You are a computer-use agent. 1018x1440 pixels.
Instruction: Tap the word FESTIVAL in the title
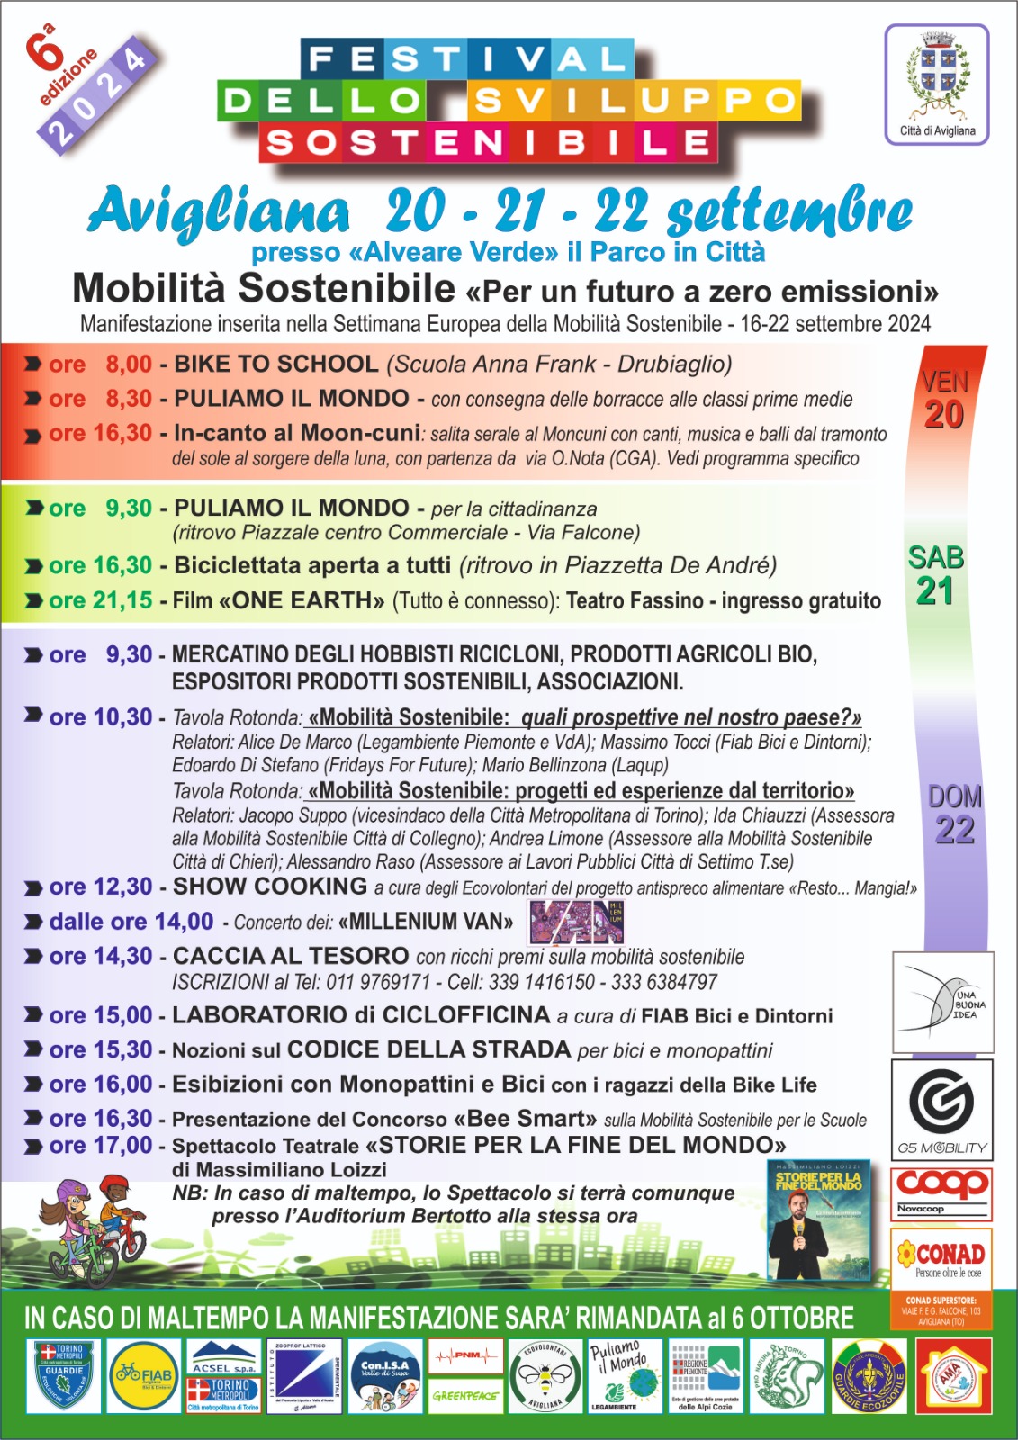466,59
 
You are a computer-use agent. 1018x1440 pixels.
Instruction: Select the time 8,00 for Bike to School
129,364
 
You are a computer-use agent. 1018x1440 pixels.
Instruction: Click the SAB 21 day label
936,575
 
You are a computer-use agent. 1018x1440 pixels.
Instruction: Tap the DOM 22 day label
954,814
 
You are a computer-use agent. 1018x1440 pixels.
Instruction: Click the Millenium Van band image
576,922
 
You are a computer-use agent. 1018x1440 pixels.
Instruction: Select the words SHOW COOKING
270,886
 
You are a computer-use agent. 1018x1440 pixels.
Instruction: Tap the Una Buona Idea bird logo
943,1002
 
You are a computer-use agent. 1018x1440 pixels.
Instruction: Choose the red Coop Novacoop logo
941,1190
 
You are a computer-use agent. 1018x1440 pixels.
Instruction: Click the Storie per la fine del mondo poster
819,1219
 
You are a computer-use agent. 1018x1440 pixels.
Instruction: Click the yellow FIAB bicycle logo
144,1374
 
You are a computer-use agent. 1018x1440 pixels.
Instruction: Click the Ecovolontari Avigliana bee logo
545,1375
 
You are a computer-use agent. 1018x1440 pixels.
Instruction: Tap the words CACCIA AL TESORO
291,956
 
